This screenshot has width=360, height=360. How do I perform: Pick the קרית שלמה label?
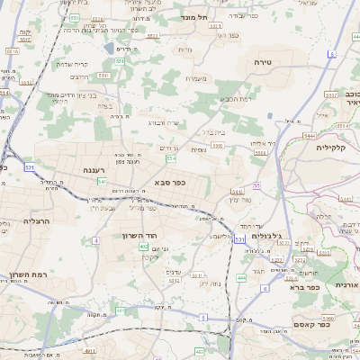(x=76, y=63)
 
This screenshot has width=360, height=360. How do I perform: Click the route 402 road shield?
(x=144, y=247)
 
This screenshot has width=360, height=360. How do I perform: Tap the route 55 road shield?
(x=256, y=185)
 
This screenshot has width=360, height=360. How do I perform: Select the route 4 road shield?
(x=265, y=289)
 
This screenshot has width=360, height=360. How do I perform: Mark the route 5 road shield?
(x=204, y=318)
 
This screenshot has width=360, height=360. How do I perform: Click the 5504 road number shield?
(x=261, y=154)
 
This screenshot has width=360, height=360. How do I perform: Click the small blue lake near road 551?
(x=109, y=48)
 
